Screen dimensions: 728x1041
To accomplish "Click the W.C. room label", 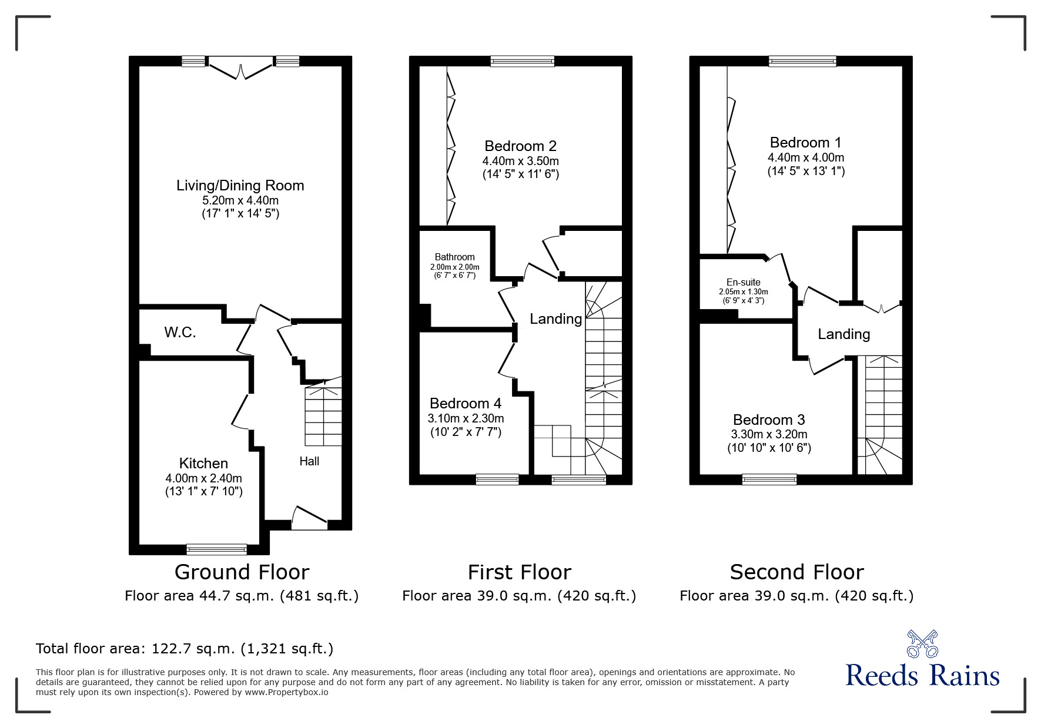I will click(x=180, y=333).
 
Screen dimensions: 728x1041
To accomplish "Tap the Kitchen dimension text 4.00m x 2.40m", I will click(x=203, y=478).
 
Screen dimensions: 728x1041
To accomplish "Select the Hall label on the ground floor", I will click(x=309, y=461).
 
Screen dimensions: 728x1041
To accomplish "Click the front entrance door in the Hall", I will click(x=309, y=517).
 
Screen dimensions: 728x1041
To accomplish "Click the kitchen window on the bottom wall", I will click(x=216, y=549).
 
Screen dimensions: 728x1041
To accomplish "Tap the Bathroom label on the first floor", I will click(x=454, y=257).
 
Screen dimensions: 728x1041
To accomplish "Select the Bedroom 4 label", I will click(x=465, y=403).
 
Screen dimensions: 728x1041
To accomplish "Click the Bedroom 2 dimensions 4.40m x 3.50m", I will click(x=520, y=161).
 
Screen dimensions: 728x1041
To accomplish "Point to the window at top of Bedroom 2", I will click(x=522, y=61).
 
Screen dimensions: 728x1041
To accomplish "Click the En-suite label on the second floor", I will click(x=743, y=282).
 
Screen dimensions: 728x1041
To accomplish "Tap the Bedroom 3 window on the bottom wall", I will click(x=769, y=479).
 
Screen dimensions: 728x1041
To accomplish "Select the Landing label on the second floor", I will click(x=843, y=334).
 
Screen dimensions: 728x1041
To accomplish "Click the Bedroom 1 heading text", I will click(x=805, y=143).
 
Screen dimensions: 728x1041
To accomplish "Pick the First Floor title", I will click(x=519, y=572).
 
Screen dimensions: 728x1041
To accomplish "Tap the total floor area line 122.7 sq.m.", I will click(x=185, y=649).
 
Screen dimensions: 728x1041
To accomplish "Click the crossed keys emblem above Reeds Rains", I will click(x=922, y=644).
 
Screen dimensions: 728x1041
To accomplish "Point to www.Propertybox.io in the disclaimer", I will click(x=286, y=692).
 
